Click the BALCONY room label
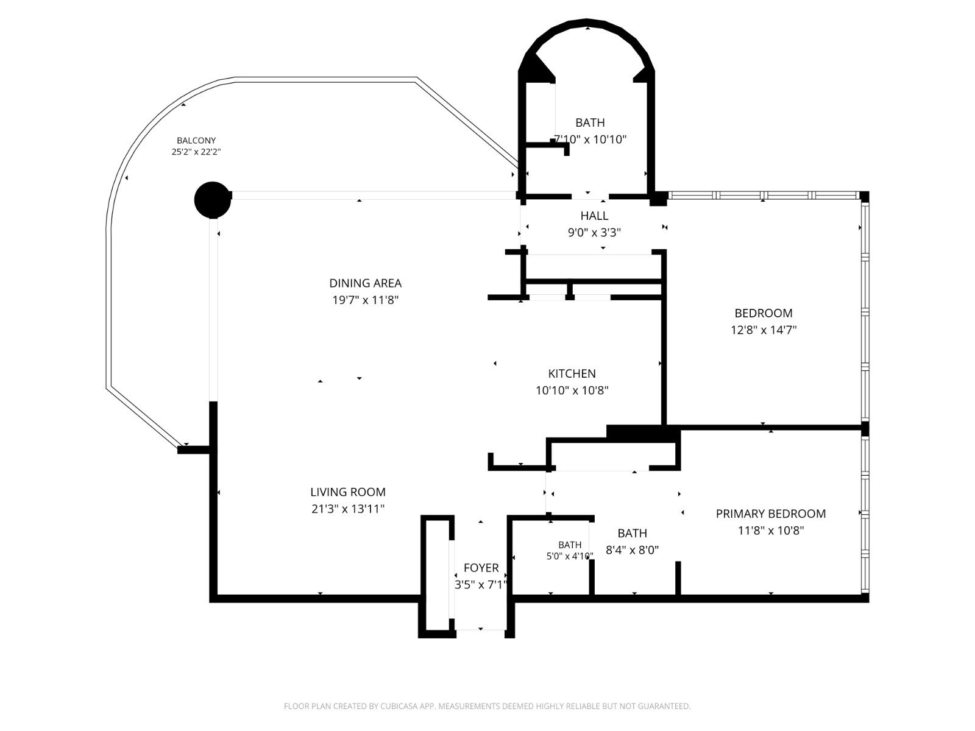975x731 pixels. point(196,141)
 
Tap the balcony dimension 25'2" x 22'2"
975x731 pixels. point(196,152)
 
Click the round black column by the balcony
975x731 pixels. point(213,200)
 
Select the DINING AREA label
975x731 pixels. point(365,283)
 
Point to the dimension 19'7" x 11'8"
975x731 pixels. point(365,300)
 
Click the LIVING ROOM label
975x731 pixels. point(348,492)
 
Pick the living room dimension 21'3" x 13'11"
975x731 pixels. point(348,509)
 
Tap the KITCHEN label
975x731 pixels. point(572,373)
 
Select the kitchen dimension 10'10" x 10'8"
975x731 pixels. point(572,390)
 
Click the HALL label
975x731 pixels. point(594,216)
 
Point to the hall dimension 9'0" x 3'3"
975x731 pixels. point(594,233)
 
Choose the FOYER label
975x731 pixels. point(481,568)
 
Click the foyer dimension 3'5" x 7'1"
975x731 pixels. point(481,585)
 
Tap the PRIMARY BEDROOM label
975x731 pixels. point(771,514)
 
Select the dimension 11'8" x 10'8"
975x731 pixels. point(771,531)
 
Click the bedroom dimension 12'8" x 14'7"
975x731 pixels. point(764,330)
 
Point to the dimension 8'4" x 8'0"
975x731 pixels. point(632,550)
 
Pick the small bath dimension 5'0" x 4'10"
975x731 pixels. point(570,556)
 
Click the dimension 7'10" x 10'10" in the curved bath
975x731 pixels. point(590,139)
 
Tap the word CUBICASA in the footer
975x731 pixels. point(399,705)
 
